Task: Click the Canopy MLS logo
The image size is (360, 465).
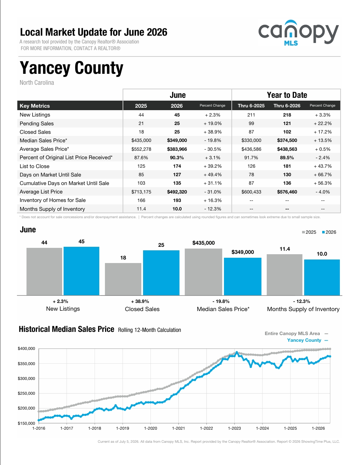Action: click(299, 33)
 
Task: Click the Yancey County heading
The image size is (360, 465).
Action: click(71, 68)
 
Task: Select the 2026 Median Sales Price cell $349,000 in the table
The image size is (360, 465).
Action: click(177, 141)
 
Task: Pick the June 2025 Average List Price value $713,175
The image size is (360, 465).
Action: click(141, 192)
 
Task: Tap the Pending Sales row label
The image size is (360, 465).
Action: click(37, 124)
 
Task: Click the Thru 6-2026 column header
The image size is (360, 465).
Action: click(287, 106)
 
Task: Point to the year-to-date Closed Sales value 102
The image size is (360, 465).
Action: click(287, 132)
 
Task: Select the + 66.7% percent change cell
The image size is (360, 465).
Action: click(323, 175)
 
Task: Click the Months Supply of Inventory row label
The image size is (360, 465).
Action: click(52, 209)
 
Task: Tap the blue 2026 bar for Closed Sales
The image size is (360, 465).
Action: click(161, 273)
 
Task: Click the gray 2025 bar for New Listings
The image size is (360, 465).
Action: click(44, 272)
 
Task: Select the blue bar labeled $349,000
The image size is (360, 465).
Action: click(243, 276)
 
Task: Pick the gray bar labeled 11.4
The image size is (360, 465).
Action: click(284, 275)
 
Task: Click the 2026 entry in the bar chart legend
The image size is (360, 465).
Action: click(329, 232)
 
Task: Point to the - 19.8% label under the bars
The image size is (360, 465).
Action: click(221, 301)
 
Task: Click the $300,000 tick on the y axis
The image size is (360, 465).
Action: click(26, 378)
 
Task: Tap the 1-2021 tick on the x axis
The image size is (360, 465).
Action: click(178, 428)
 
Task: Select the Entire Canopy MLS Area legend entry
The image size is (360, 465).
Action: click(296, 333)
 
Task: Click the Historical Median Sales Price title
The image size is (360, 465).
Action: click(66, 329)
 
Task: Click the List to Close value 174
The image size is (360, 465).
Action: click(177, 166)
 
